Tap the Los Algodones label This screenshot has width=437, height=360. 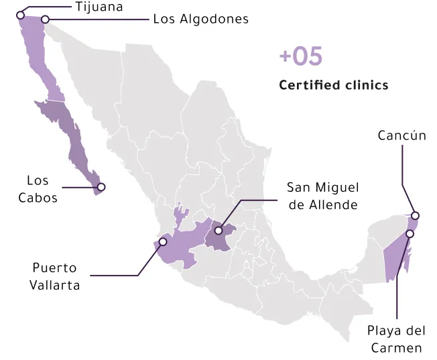click(x=200, y=19)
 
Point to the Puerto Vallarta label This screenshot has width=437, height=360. click(x=55, y=276)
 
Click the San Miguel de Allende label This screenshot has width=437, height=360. click(x=322, y=196)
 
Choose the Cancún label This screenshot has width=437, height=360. click(x=401, y=136)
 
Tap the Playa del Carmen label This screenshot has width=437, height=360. click(x=396, y=339)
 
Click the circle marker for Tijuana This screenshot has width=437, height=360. click(x=20, y=14)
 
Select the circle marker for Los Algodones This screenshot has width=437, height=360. click(x=46, y=19)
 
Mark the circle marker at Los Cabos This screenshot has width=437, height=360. click(x=101, y=187)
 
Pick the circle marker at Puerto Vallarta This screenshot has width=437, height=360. click(x=162, y=243)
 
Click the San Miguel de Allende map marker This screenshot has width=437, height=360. click(x=218, y=231)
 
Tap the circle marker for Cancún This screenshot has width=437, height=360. click(x=416, y=216)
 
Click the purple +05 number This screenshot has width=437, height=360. click(x=301, y=57)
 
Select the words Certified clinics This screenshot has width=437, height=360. click(x=333, y=85)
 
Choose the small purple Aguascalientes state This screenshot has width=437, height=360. click(x=180, y=215)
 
